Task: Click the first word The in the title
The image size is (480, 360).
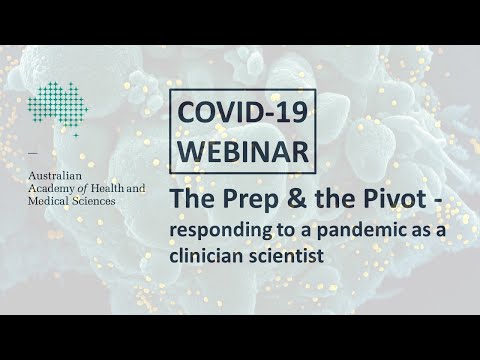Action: [186, 199]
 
